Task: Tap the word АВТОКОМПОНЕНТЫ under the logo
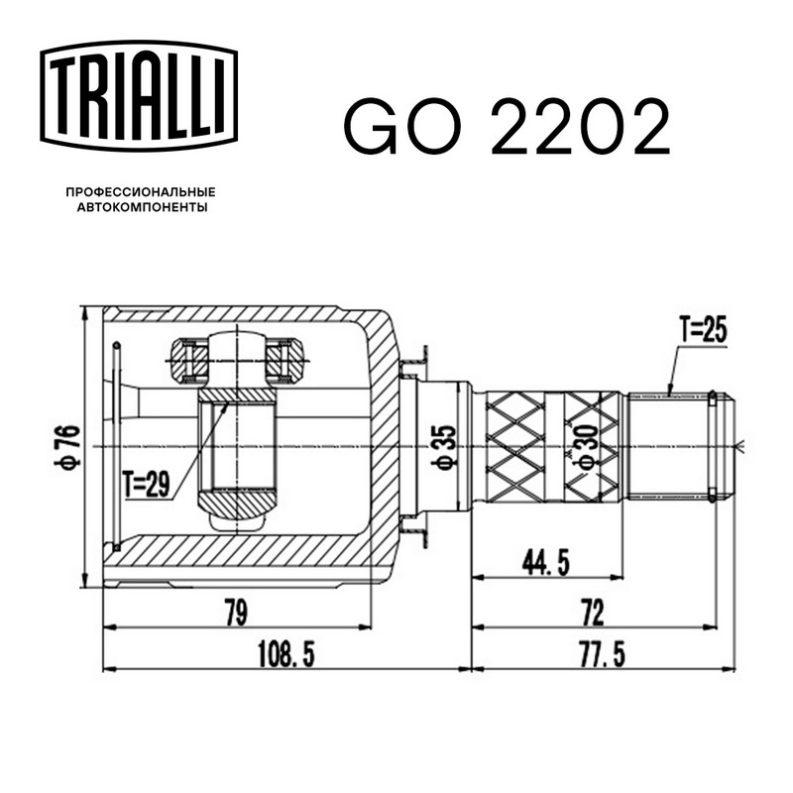tap(140, 208)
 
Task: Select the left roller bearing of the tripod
tap(188, 361)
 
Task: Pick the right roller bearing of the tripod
tap(285, 361)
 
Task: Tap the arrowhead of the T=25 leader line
tap(671, 395)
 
